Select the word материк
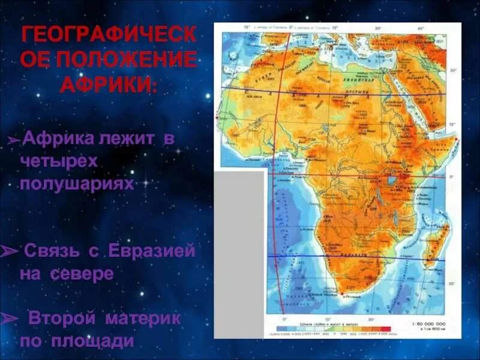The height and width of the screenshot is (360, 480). [x=143, y=318]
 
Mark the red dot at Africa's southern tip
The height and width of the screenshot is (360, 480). [x=343, y=293]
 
